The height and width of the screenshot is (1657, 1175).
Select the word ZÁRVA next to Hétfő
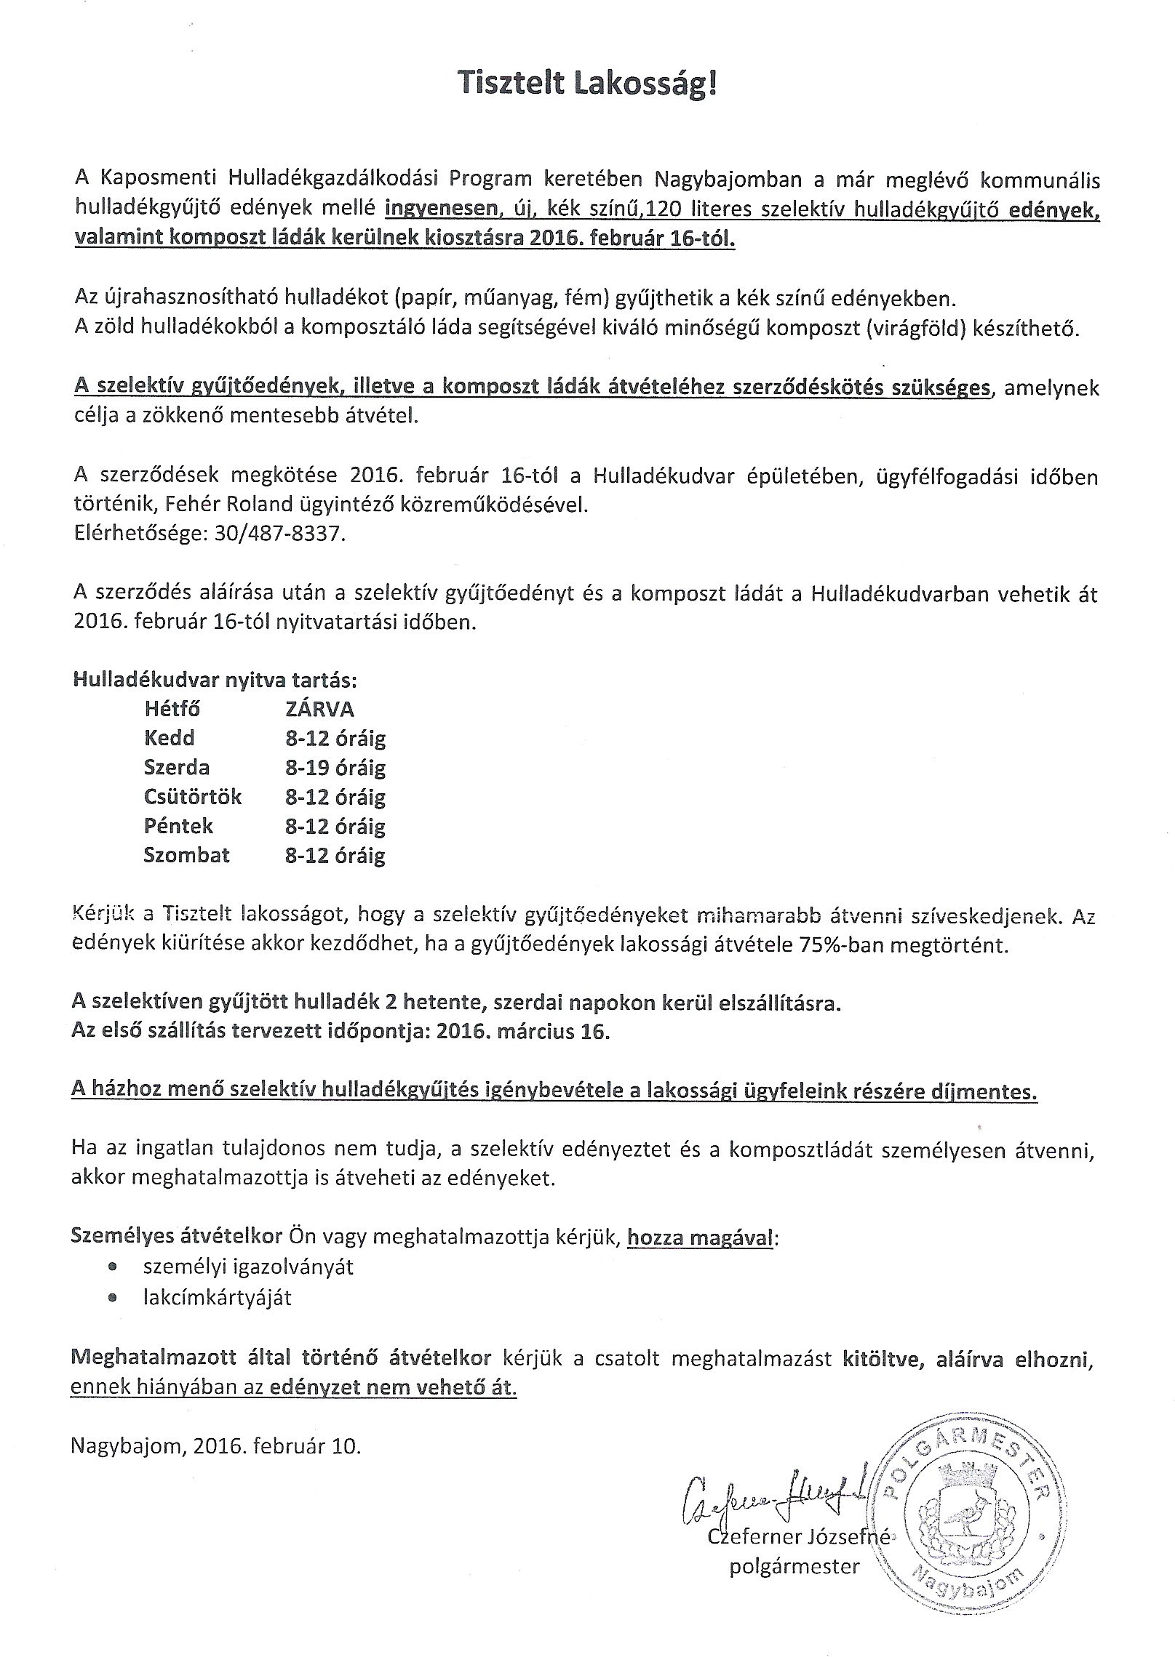(319, 709)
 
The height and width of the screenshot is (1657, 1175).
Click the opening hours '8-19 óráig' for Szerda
(335, 768)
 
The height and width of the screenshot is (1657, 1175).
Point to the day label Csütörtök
(192, 797)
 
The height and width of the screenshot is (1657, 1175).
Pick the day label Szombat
(186, 855)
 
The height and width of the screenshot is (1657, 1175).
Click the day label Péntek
(178, 826)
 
